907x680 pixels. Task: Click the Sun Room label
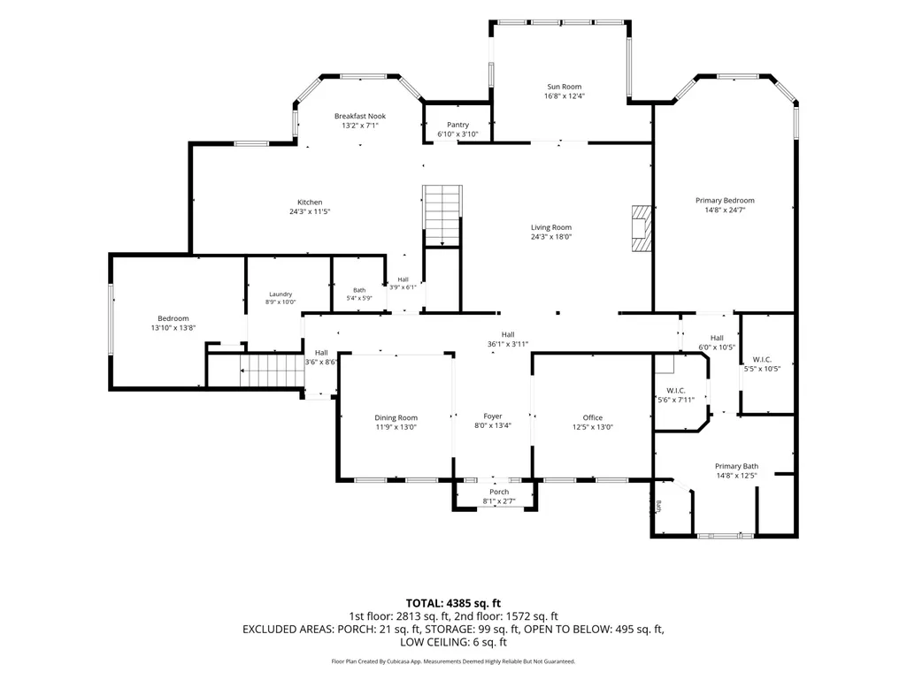click(564, 87)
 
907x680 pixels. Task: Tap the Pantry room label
click(457, 125)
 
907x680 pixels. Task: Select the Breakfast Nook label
click(360, 116)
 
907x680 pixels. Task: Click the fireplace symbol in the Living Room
click(641, 228)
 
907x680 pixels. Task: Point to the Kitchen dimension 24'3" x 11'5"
click(310, 211)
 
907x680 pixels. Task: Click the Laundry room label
click(281, 294)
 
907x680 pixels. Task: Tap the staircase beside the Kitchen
click(442, 216)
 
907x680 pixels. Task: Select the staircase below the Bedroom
click(272, 371)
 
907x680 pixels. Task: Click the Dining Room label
click(396, 418)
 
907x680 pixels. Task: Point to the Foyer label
click(493, 416)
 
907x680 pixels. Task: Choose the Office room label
click(592, 418)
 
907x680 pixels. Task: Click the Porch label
click(499, 492)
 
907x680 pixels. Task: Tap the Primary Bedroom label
click(725, 201)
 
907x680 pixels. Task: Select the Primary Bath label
click(736, 467)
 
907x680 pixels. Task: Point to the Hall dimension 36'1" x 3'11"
click(508, 344)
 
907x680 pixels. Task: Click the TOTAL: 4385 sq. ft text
click(453, 604)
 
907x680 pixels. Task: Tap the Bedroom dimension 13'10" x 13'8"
click(173, 328)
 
